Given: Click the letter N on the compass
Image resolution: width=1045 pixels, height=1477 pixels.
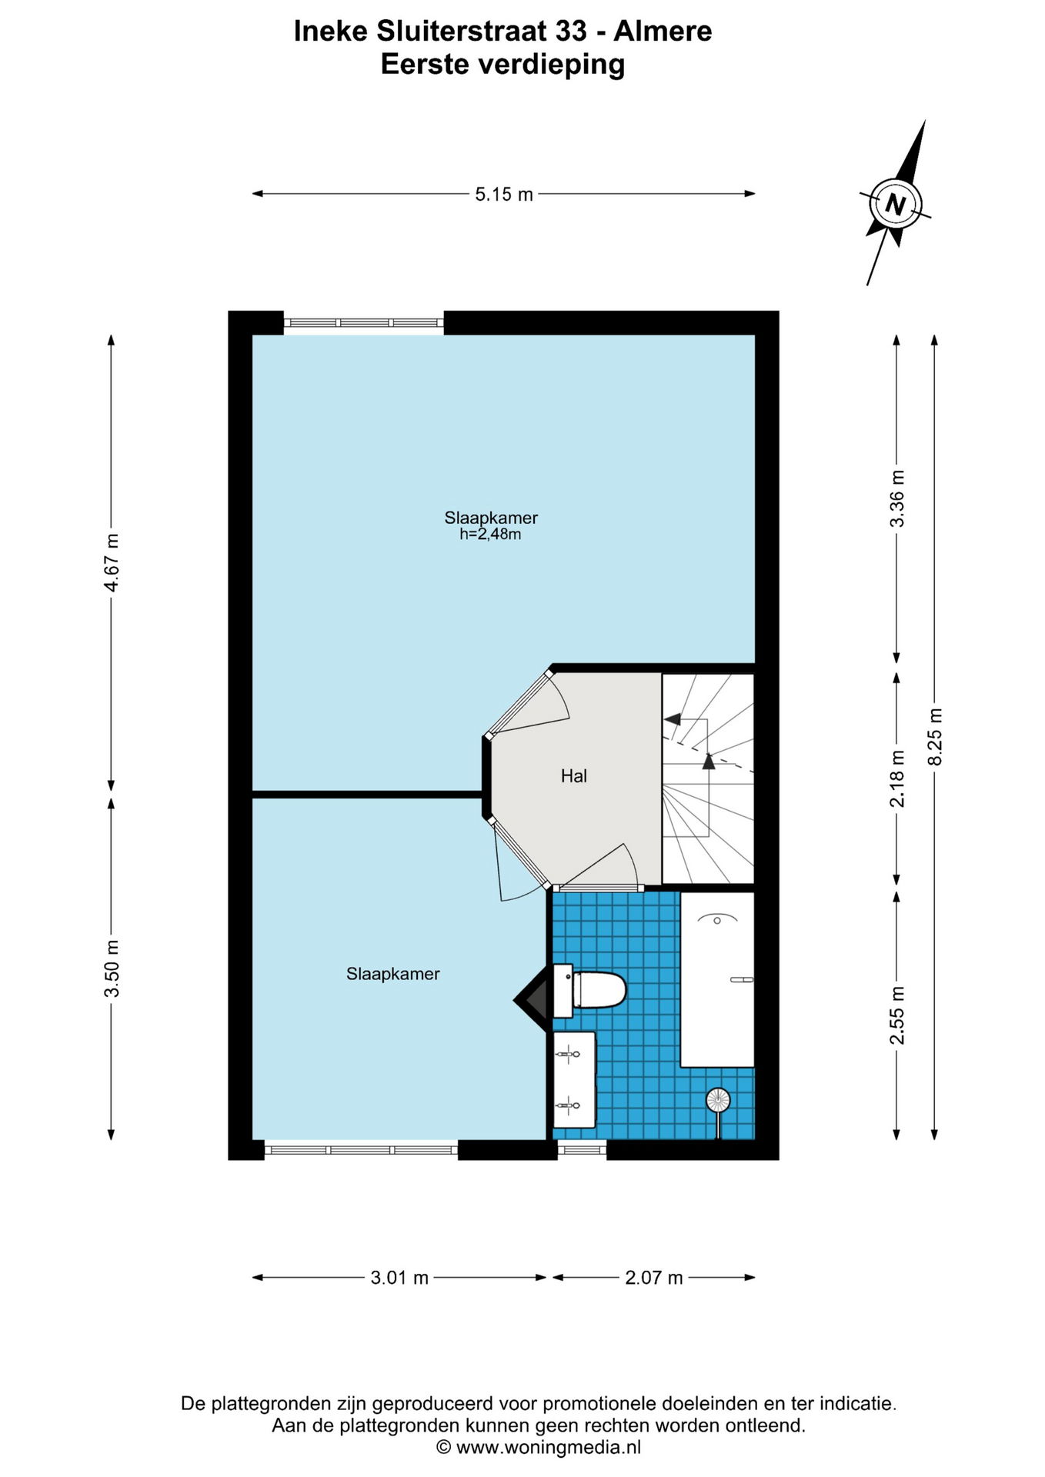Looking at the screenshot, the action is tap(895, 204).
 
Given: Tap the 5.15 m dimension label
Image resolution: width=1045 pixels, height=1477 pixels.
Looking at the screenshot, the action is tap(504, 194).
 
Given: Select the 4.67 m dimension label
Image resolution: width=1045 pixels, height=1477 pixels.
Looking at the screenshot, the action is tap(112, 562).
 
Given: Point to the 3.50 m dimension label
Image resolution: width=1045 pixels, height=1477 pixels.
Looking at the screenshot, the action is tap(112, 968).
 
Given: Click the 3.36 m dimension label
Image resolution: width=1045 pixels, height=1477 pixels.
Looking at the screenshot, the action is tap(897, 498).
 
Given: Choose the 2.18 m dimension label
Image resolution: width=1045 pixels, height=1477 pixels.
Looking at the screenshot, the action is tap(897, 778).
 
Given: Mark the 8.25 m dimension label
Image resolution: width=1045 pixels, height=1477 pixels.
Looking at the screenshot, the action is tap(936, 736).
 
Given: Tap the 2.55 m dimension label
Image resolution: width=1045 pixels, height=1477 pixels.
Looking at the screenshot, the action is tap(897, 1015).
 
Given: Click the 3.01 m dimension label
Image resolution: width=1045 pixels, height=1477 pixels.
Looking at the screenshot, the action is tap(399, 1278).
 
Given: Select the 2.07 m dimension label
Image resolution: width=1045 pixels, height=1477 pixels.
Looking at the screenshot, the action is tap(654, 1278).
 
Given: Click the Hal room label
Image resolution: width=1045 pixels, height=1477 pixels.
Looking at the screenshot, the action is tap(574, 776).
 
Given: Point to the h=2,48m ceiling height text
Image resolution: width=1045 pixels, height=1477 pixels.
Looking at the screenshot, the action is tap(490, 534).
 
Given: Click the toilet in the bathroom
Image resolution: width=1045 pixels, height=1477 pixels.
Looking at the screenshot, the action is tap(589, 989).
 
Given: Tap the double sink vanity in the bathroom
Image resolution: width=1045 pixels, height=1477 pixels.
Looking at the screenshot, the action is tap(574, 1080).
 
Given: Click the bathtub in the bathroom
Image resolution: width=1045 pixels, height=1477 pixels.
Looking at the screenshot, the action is tap(717, 979).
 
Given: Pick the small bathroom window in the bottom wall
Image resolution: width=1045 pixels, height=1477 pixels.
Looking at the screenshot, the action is tap(582, 1150).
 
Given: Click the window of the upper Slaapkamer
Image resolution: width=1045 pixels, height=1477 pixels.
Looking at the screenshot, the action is tap(364, 323).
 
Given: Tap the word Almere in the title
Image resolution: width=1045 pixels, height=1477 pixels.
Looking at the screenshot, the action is tap(663, 32).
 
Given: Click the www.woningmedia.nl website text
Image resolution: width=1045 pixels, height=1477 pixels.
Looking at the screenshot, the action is tap(549, 1447).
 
